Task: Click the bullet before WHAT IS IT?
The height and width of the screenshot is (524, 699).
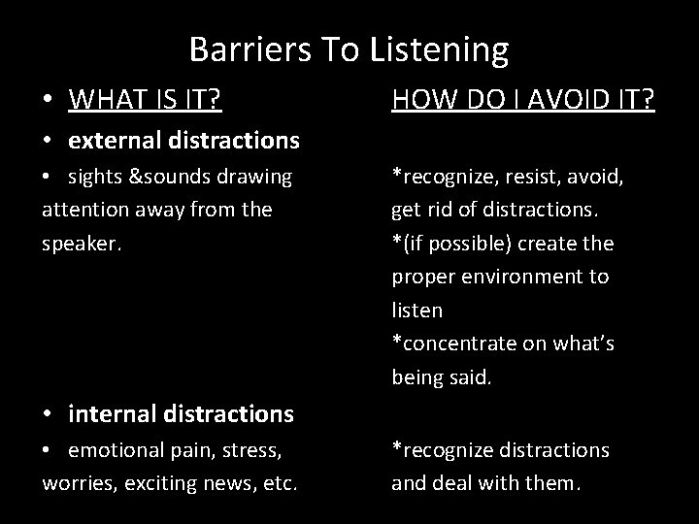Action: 49,99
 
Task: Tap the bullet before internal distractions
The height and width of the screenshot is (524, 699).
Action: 49,415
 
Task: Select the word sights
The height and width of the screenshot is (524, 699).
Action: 93,176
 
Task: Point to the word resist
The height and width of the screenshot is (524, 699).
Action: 530,176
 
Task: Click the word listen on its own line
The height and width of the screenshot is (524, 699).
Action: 417,311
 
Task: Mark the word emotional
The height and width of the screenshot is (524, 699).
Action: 116,449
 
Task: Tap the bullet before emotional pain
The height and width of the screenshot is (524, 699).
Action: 49,450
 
